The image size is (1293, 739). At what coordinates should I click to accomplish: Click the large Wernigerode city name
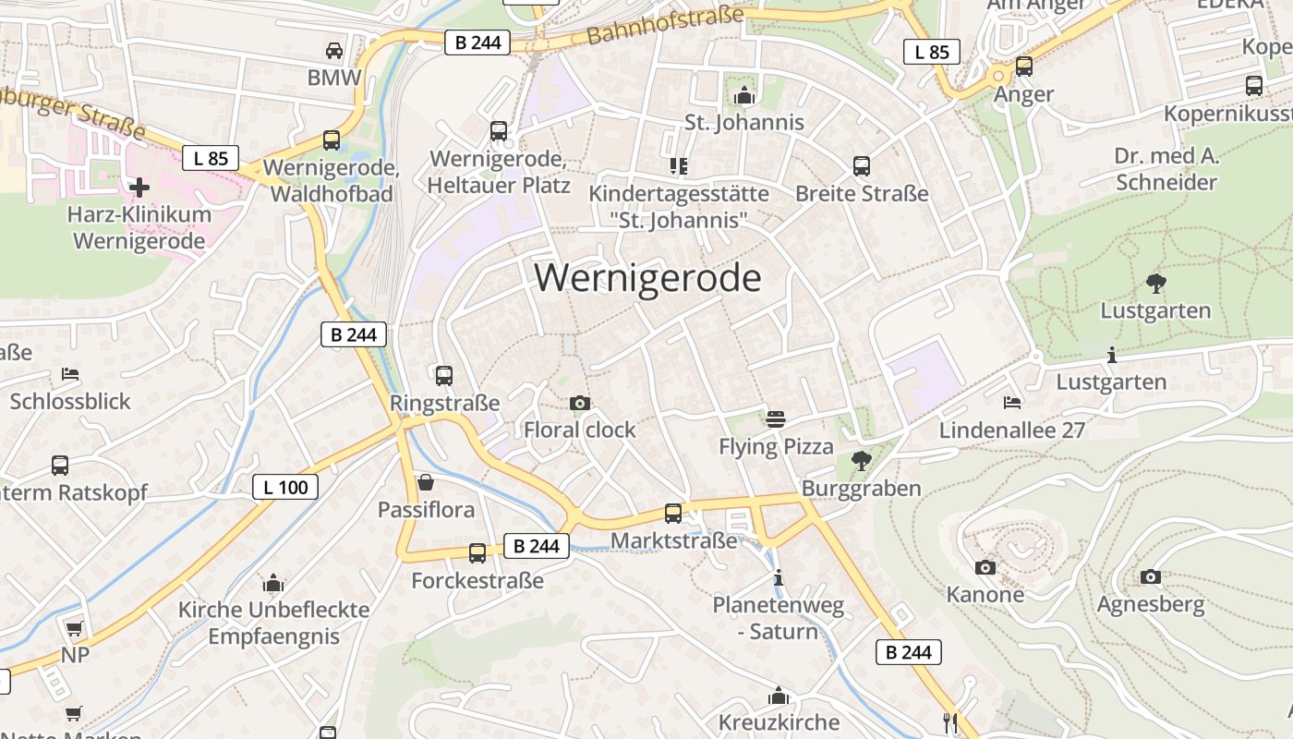pyautogui.click(x=647, y=278)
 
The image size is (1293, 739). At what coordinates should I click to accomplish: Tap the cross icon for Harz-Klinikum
pyautogui.click(x=139, y=188)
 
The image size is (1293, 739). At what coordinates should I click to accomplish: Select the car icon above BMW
pyautogui.click(x=334, y=50)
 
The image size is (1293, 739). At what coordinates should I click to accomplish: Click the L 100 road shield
pyautogui.click(x=285, y=487)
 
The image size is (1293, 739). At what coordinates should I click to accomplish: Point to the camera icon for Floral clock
pyautogui.click(x=580, y=403)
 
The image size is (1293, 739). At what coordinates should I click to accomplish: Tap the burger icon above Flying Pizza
pyautogui.click(x=776, y=419)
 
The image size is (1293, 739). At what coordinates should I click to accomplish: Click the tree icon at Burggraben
pyautogui.click(x=861, y=459)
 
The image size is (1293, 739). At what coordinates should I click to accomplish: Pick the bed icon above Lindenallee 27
pyautogui.click(x=1012, y=403)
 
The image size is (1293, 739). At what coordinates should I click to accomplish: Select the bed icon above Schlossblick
pyautogui.click(x=70, y=374)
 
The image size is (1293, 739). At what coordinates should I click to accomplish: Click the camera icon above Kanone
pyautogui.click(x=985, y=567)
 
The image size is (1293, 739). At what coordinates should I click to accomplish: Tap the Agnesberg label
pyautogui.click(x=1150, y=605)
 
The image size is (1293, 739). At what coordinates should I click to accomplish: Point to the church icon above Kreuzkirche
pyautogui.click(x=779, y=695)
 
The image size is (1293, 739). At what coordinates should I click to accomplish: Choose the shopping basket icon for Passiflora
pyautogui.click(x=426, y=482)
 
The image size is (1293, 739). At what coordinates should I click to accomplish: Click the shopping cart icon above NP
pyautogui.click(x=74, y=628)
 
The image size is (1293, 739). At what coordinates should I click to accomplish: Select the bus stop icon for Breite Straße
pyautogui.click(x=862, y=166)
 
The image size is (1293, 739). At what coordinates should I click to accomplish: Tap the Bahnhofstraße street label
pyautogui.click(x=664, y=26)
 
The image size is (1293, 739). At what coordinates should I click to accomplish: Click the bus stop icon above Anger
pyautogui.click(x=1023, y=67)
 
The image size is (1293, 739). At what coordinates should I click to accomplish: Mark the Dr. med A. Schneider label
pyautogui.click(x=1166, y=168)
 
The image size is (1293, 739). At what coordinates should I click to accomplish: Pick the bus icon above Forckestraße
pyautogui.click(x=477, y=553)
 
